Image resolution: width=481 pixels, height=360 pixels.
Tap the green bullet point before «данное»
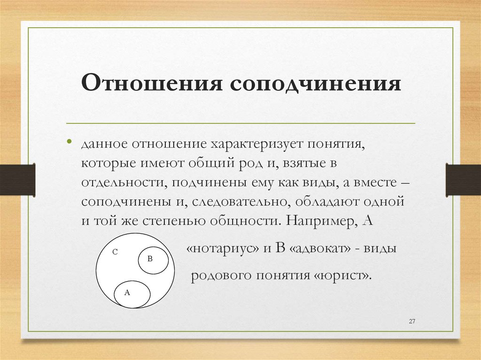[x=69, y=142]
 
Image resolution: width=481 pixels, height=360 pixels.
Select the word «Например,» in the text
[x=317, y=221]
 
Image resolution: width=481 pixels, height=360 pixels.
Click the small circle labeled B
[x=153, y=261]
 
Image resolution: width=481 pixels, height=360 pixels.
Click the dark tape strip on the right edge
[x=463, y=179]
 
